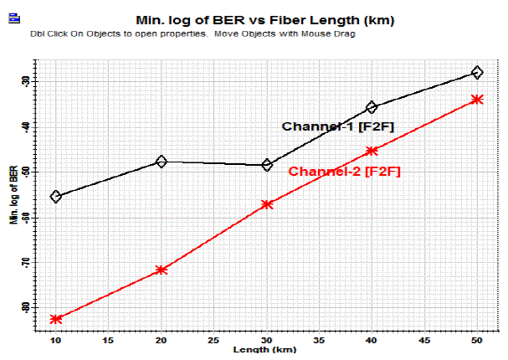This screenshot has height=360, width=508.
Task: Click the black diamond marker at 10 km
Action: (x=56, y=197)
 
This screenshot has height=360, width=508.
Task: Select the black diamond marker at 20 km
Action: (x=162, y=162)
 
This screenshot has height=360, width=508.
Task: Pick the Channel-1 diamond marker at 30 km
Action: (x=267, y=165)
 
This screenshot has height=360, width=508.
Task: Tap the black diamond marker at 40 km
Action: (x=372, y=108)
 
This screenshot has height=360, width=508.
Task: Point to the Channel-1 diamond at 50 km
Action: (x=477, y=73)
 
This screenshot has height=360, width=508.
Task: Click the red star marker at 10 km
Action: (x=56, y=319)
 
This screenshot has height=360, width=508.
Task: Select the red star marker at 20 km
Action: (x=162, y=270)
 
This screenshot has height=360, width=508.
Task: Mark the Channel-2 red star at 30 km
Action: (x=267, y=204)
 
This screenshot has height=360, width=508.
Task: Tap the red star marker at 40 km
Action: (x=372, y=151)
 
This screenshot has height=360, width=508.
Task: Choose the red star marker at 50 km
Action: (x=477, y=100)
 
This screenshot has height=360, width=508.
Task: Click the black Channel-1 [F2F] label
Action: (x=337, y=126)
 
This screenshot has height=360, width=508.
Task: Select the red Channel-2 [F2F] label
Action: (x=344, y=172)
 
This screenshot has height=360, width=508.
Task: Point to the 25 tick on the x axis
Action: (x=214, y=341)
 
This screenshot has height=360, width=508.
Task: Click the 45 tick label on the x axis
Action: (x=424, y=341)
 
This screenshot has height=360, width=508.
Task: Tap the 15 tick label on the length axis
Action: (x=109, y=341)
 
